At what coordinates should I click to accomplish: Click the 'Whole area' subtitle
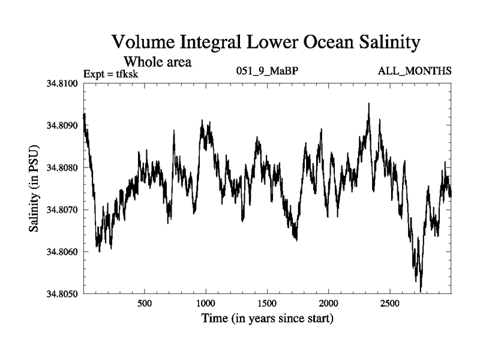(157, 61)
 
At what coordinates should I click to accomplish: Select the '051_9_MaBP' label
(268, 71)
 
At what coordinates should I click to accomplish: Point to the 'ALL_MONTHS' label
(414, 71)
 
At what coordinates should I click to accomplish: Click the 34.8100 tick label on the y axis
(63, 83)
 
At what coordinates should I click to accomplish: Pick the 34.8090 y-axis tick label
(63, 125)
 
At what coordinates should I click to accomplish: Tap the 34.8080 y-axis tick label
(63, 167)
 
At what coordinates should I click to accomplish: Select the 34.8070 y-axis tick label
(63, 209)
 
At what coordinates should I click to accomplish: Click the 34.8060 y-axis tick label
(63, 251)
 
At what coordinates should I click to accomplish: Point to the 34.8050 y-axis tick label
(63, 293)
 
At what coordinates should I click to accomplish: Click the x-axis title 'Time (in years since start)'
(267, 318)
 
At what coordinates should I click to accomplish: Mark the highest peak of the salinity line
(368, 103)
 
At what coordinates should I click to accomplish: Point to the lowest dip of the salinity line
(421, 292)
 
